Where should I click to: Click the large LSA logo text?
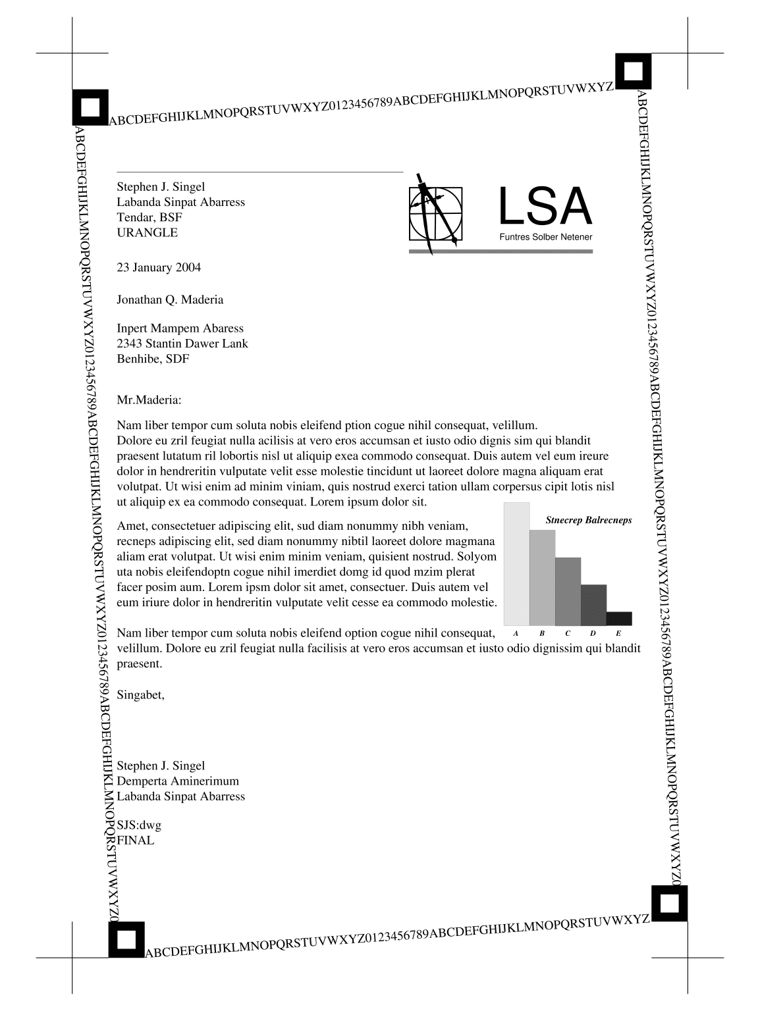tap(545, 207)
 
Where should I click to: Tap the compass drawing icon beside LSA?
tap(435, 214)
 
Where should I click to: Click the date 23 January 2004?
tap(159, 267)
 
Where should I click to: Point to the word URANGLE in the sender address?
tap(147, 232)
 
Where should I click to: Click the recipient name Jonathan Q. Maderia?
tap(170, 299)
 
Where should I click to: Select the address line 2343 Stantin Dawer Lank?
tap(182, 343)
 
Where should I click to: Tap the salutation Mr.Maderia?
tap(148, 400)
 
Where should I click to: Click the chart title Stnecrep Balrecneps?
tap(588, 520)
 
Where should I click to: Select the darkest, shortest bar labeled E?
tap(618, 618)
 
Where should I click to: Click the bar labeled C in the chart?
tap(568, 591)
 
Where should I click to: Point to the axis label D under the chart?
tap(593, 633)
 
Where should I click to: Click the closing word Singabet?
tap(140, 694)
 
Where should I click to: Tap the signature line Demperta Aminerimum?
tap(177, 781)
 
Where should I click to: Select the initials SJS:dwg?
tap(138, 825)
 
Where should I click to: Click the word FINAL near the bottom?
tap(135, 840)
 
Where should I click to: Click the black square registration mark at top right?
tap(633, 71)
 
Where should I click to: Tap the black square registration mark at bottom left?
tap(126, 939)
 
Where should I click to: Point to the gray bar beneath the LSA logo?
tap(501, 251)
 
